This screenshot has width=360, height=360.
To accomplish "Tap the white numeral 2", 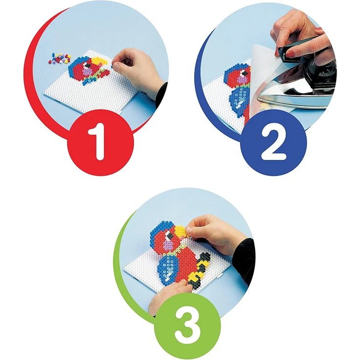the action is tap(274, 143).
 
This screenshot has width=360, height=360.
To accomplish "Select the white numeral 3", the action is tap(187, 327).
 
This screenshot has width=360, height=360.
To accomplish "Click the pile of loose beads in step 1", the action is tap(60, 59).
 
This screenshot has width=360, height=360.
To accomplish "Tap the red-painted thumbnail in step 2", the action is tap(289, 54).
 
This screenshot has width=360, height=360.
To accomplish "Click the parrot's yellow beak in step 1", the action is tap(99, 61).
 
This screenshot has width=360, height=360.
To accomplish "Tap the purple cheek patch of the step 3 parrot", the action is tap(169, 245).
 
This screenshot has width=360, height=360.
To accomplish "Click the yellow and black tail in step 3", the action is tap(199, 271).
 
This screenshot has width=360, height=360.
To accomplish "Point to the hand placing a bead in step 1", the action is tap(135, 69).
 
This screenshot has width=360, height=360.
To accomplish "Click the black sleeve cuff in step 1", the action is tap(161, 94).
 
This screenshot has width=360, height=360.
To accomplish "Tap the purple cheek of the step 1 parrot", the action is tap(87, 72).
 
